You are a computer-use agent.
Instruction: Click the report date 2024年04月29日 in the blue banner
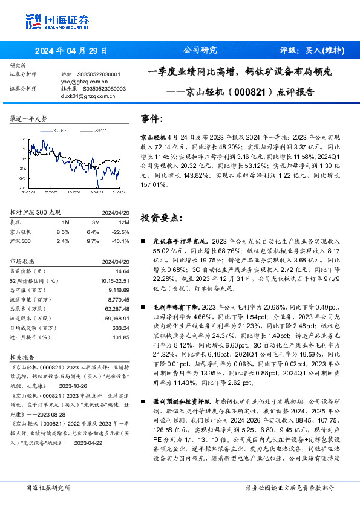point(71,51)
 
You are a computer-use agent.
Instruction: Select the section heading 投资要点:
point(160,217)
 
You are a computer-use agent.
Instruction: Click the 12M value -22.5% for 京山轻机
point(122,232)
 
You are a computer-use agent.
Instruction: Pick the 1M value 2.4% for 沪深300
point(62,241)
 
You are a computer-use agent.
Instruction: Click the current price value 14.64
point(122,271)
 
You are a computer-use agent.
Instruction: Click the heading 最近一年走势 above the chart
point(28,119)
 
